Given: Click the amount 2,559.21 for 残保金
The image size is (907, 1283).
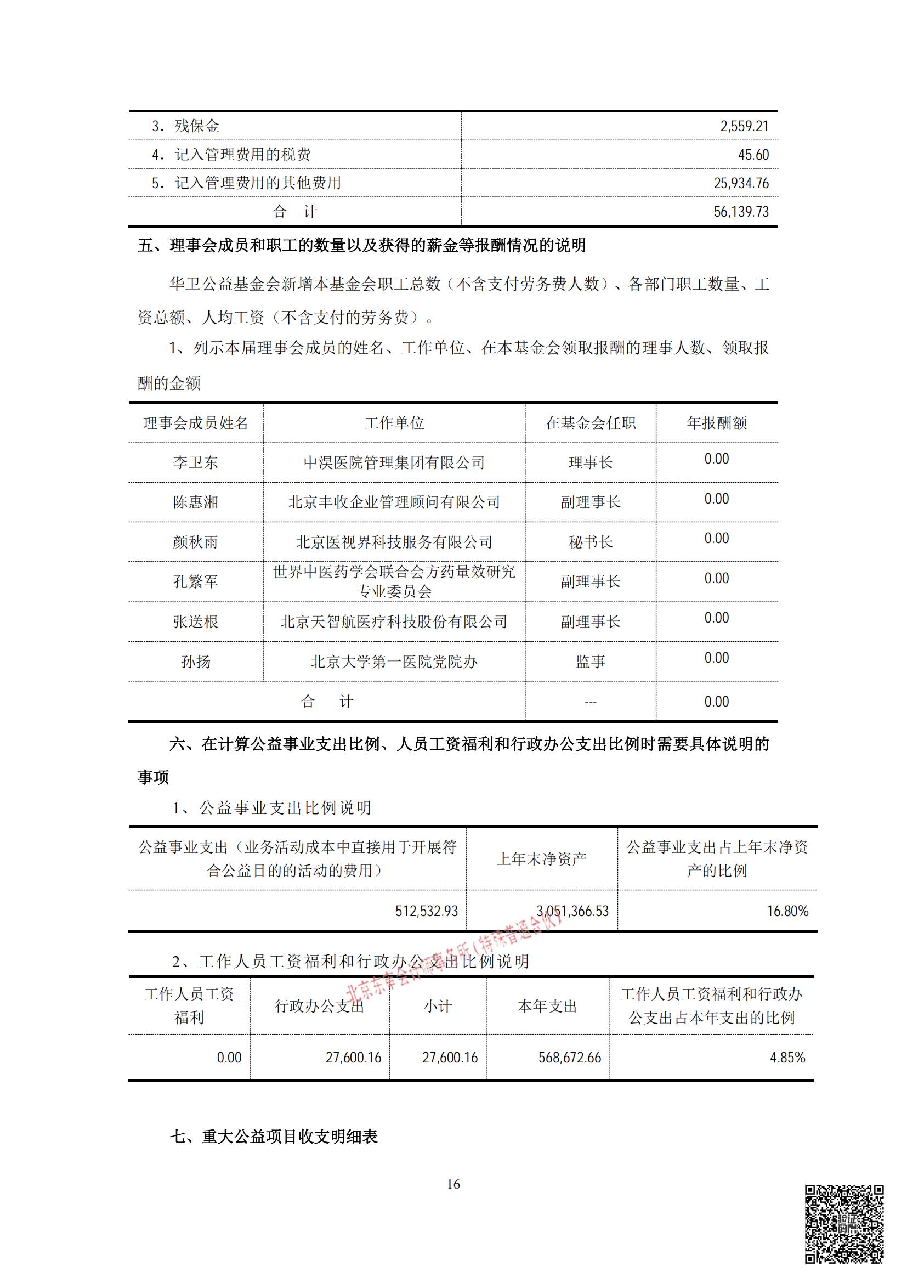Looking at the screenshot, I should pyautogui.click(x=744, y=126).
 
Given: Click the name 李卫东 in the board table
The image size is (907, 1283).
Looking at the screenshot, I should pyautogui.click(x=195, y=463).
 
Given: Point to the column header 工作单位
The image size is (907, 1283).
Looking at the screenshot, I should pyautogui.click(x=394, y=423).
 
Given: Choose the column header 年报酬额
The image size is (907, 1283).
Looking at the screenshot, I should pyautogui.click(x=717, y=423).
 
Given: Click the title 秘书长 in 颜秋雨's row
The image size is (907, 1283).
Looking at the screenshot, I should pyautogui.click(x=591, y=542).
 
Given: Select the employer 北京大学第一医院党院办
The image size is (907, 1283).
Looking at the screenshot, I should pyautogui.click(x=394, y=662).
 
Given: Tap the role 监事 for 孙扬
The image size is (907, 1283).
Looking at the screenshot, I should pyautogui.click(x=591, y=662).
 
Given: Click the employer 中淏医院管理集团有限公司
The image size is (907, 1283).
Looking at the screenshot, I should pyautogui.click(x=394, y=463).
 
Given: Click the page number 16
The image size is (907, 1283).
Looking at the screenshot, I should pyautogui.click(x=453, y=1184).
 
